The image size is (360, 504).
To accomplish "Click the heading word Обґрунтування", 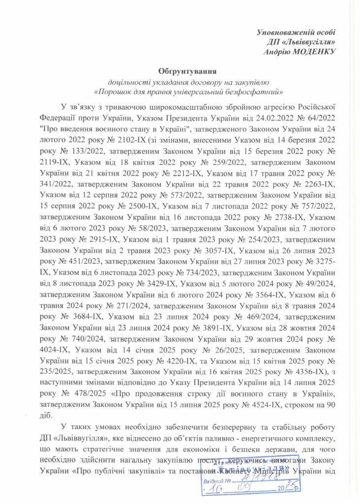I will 184,72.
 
